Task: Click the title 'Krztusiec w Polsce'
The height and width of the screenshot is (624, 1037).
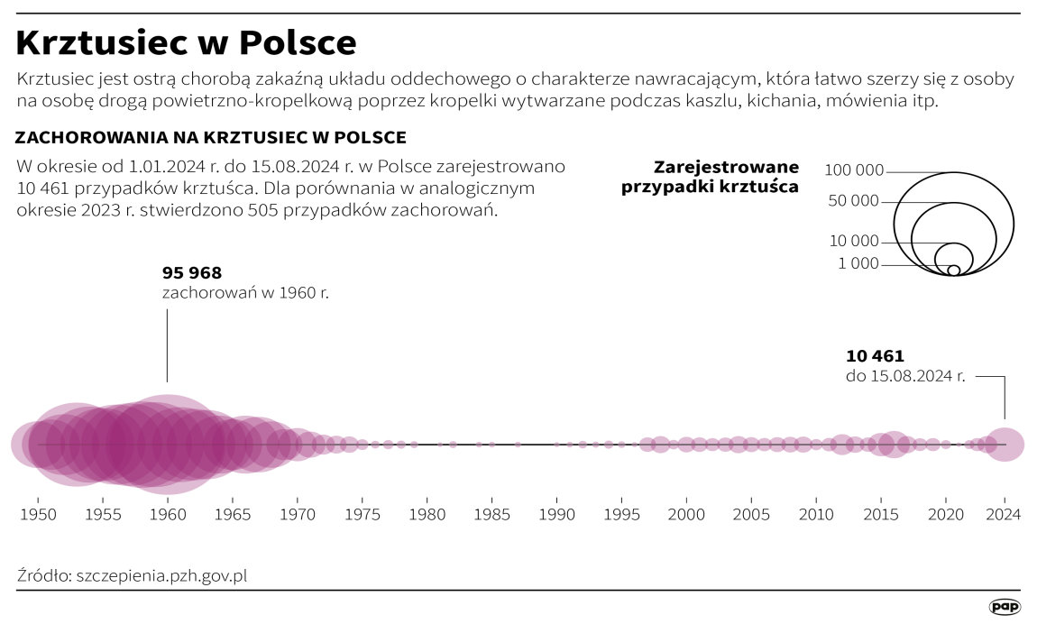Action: [187, 42]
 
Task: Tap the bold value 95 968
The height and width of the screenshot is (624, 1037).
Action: [192, 272]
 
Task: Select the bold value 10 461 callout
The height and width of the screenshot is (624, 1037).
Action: [875, 355]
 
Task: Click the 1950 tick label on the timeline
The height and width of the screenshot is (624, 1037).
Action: [38, 514]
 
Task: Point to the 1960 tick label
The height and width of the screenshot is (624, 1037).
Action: [167, 514]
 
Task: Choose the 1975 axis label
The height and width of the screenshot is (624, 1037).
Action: [362, 514]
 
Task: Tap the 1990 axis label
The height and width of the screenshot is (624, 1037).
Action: [556, 514]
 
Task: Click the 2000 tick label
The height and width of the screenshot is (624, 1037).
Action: [686, 514]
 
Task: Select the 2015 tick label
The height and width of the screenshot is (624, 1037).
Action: [881, 514]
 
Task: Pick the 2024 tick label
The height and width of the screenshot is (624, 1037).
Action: [1004, 514]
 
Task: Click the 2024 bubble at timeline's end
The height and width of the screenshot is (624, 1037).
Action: [1004, 445]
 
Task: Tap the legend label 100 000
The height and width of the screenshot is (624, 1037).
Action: [854, 170]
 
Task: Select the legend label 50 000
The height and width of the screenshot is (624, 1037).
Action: [853, 201]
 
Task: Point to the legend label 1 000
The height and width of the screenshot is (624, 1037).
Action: [858, 263]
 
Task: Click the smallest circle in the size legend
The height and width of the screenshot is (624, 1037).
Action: [953, 270]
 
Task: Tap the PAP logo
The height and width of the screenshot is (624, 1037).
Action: [1005, 607]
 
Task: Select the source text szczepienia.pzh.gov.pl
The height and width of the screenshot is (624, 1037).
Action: [161, 575]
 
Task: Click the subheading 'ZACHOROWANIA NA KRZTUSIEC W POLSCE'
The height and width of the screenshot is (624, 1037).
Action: [211, 137]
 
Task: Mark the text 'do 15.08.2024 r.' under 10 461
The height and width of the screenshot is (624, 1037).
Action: [905, 376]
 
